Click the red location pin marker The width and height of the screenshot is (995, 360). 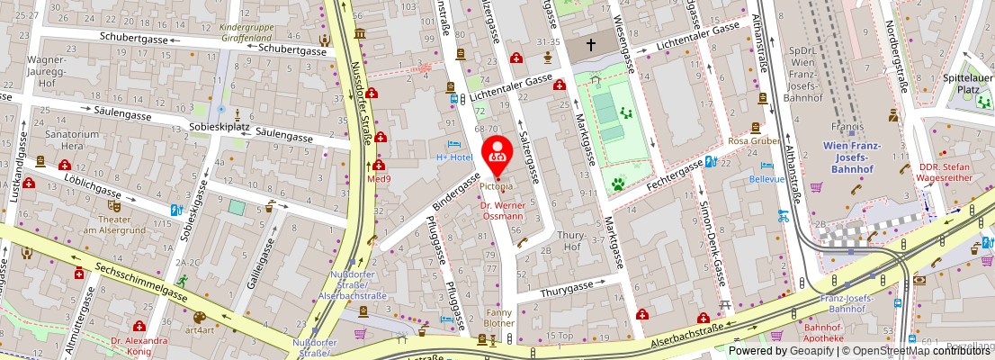click(497, 155)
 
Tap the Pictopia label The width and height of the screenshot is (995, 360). click(497, 187)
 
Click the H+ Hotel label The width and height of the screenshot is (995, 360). click(454, 157)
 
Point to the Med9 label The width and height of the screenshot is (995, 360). click(379, 178)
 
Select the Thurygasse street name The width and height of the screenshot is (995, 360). click(567, 288)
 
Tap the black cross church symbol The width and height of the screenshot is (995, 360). click(591, 44)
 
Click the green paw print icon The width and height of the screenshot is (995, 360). click(619, 184)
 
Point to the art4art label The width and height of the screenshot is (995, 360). click(200, 330)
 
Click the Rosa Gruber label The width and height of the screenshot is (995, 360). click(753, 141)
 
